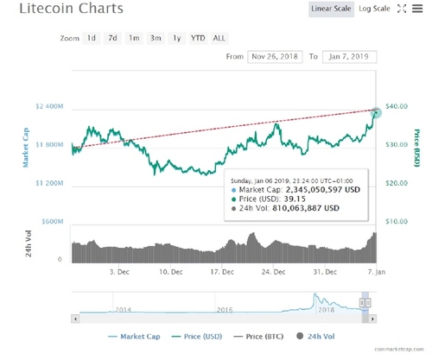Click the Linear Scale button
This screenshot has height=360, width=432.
pos(331,9)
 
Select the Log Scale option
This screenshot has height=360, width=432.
pos(374,9)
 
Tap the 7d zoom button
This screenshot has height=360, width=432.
pos(112,38)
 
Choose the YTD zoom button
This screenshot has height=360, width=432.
pos(198,38)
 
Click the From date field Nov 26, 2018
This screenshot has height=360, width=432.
pos(275,57)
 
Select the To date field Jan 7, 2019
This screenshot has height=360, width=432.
pos(349,57)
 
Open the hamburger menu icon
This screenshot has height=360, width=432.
pos(417,9)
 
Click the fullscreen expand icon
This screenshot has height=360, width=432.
pos(402,9)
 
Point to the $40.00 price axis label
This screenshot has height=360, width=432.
pos(397,106)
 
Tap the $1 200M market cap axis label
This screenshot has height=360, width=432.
pos(49,183)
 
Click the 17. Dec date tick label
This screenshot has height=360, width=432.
pos(222,272)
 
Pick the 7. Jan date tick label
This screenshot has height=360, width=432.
pos(377,272)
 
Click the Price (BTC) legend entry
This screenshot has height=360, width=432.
pos(258,337)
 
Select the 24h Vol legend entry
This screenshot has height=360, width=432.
pos(315,337)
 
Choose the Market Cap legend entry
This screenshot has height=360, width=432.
pos(134,337)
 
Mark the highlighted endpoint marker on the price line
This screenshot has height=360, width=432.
pos(376,112)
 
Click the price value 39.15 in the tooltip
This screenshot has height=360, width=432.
pos(295,199)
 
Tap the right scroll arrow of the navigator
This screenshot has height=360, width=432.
pos(372,319)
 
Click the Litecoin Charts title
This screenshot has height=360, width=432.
pos(71,9)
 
